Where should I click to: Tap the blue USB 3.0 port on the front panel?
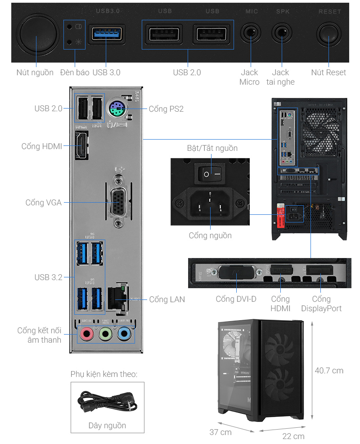click(106, 34)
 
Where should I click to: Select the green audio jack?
click(105, 334)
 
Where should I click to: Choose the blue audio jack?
click(125, 334)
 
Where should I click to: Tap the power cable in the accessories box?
click(106, 402)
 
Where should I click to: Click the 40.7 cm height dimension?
click(329, 371)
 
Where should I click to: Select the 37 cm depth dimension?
click(220, 432)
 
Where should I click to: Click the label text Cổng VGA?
click(44, 203)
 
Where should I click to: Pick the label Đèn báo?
click(75, 72)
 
